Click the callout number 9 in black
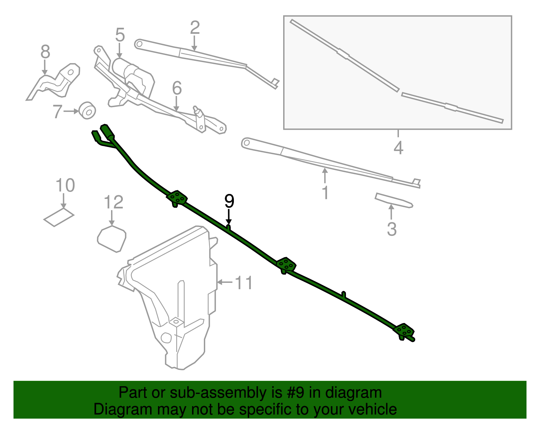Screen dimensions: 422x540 point(229,201)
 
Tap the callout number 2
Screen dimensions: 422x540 point(195,28)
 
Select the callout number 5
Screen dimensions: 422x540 point(120,35)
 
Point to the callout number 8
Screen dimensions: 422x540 point(45,52)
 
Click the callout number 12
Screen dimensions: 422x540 point(113,202)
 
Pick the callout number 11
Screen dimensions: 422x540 point(244,283)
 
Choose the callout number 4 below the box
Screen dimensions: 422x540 point(398,148)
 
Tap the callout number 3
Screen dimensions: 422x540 point(391,229)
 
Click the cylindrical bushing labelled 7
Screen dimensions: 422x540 point(87,110)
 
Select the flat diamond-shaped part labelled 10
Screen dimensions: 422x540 point(59,217)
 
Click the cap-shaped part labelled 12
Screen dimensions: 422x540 point(112,239)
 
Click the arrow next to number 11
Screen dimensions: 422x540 point(224,282)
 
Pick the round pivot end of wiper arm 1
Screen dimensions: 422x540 point(246,143)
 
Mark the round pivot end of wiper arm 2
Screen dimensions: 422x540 point(138,44)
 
